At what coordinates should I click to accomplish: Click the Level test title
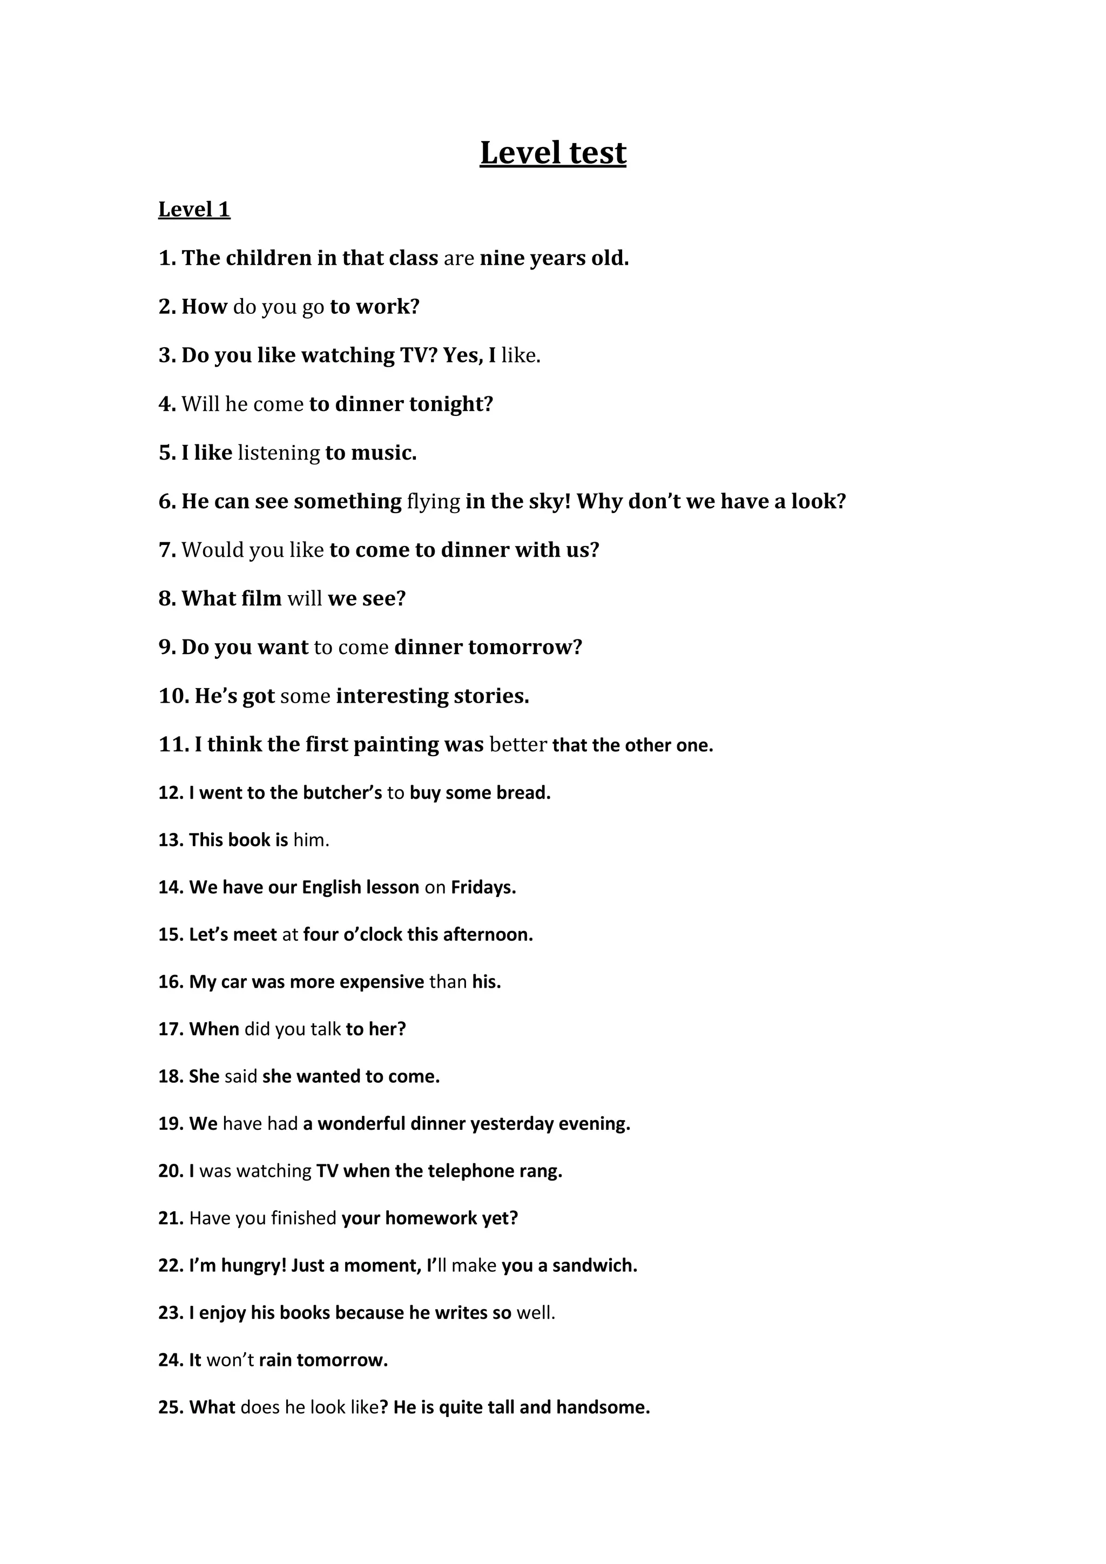point(552,153)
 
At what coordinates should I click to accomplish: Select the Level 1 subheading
point(194,209)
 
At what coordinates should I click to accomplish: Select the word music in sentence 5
point(383,453)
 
